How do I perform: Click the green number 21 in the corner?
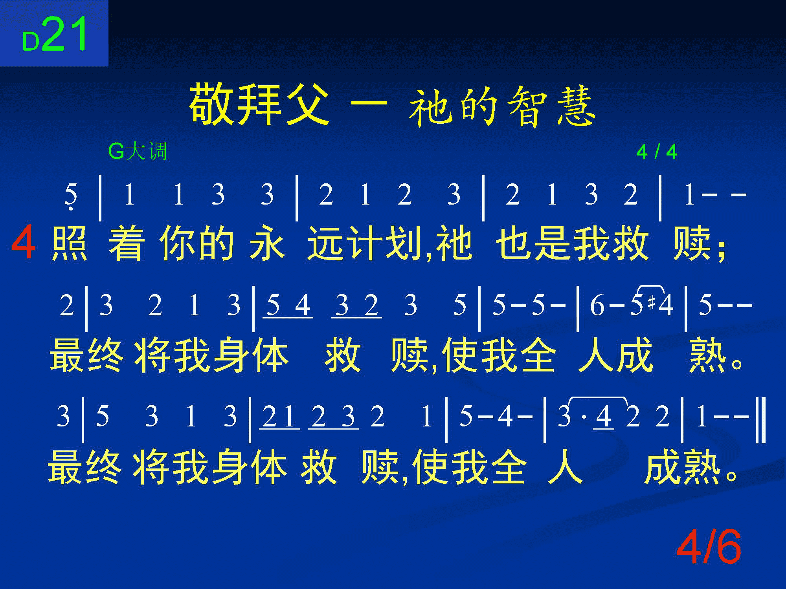pos(64,35)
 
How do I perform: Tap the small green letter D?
pos(31,42)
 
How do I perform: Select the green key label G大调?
pos(138,152)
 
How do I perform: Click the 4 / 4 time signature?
pos(657,152)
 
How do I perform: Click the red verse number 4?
pos(24,244)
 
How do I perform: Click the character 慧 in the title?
pos(575,106)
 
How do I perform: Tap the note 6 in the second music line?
pos(597,305)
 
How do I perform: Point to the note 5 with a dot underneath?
pos(71,196)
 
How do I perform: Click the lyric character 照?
pos(69,244)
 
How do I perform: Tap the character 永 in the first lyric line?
pos(266,244)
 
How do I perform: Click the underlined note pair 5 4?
pos(288,306)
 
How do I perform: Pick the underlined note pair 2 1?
pos(279,417)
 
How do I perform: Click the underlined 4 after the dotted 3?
pos(604,417)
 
